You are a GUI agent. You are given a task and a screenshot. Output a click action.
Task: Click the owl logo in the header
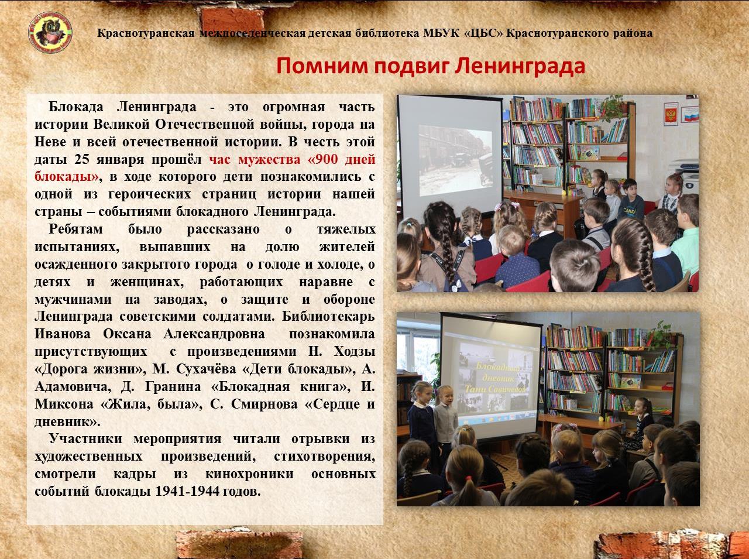[50, 32]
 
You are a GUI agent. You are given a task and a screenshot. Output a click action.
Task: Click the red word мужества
[269, 160]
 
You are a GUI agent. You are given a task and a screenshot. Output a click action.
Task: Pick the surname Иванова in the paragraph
[63, 334]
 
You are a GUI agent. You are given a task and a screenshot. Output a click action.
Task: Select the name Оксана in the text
[127, 334]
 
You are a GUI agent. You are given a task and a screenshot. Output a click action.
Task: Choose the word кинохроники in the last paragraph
[249, 474]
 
